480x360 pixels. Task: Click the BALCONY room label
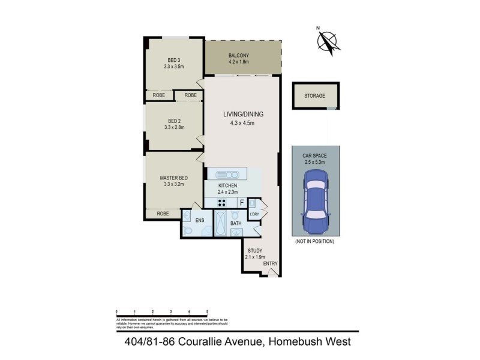238,56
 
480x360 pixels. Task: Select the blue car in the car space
314,202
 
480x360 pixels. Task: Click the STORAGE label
314,96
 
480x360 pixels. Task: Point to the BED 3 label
174,59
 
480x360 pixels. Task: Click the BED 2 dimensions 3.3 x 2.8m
174,127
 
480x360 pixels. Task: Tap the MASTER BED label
174,178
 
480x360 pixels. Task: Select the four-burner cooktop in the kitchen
221,203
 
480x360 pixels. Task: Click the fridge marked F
241,203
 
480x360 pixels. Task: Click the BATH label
236,224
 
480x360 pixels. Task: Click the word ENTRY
271,263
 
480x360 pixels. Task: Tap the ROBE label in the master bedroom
163,214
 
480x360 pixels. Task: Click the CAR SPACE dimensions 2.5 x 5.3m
314,162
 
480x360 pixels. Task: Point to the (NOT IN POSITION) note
314,241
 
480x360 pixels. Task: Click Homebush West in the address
310,342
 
